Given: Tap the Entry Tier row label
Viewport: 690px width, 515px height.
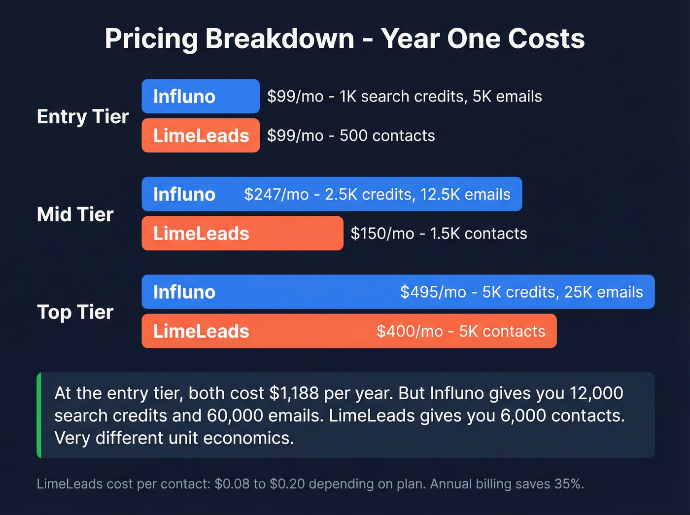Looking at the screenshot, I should (82, 117).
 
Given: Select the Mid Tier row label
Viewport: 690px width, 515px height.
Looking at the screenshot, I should (75, 214).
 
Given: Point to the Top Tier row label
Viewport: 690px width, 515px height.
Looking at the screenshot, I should (75, 312).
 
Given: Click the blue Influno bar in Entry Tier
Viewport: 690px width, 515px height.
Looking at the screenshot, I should (201, 96).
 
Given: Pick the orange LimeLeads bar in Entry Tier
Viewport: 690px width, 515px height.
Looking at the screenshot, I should (201, 136).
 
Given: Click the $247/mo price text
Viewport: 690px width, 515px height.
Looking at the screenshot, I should (276, 194).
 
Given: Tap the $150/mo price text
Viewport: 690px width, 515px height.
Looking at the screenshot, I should (382, 234).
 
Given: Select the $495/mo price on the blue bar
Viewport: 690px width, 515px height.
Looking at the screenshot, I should (433, 292).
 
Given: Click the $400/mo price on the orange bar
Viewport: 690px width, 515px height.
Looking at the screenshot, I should (410, 331).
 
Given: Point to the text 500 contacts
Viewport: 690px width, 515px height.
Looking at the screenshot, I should (387, 136).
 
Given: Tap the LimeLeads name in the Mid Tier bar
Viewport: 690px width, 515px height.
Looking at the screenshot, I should (201, 234).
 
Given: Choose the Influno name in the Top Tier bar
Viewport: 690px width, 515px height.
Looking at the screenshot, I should (184, 292).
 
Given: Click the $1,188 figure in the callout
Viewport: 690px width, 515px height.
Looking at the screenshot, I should (294, 393).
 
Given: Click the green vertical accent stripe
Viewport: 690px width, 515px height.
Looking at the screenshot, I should (39, 415).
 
